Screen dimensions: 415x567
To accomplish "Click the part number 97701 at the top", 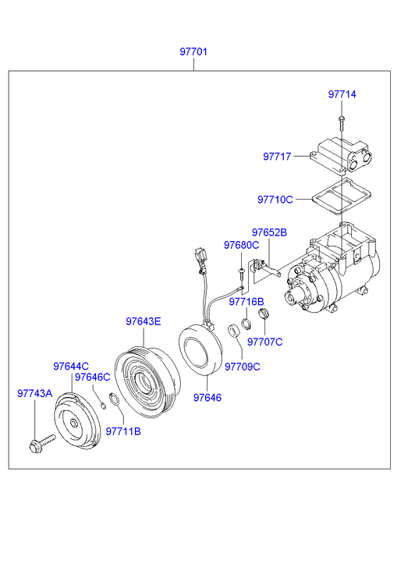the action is click(193, 51).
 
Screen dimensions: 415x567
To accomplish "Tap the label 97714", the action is click(342, 94).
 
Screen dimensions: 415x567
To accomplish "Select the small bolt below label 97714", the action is click(341, 124).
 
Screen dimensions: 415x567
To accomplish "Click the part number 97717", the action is click(277, 157).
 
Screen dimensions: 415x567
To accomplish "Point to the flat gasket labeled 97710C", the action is click(342, 197).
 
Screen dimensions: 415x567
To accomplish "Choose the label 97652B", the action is click(270, 232).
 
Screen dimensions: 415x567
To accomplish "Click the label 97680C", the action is click(241, 245).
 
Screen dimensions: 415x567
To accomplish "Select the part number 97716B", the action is click(247, 302).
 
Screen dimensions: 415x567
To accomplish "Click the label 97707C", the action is click(265, 342).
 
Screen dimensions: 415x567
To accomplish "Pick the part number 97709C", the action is click(243, 367).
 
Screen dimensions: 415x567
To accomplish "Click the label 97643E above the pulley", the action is click(144, 321).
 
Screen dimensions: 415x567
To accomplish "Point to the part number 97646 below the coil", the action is click(207, 398).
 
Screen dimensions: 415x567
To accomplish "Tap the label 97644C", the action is click(71, 367).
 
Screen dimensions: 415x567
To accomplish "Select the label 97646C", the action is click(92, 377).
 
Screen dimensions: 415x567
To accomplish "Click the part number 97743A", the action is click(35, 393).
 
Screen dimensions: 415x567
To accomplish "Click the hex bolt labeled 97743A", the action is click(41, 444).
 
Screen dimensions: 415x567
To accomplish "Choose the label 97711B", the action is click(123, 431).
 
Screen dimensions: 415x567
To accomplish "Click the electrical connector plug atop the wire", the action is click(200, 259).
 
